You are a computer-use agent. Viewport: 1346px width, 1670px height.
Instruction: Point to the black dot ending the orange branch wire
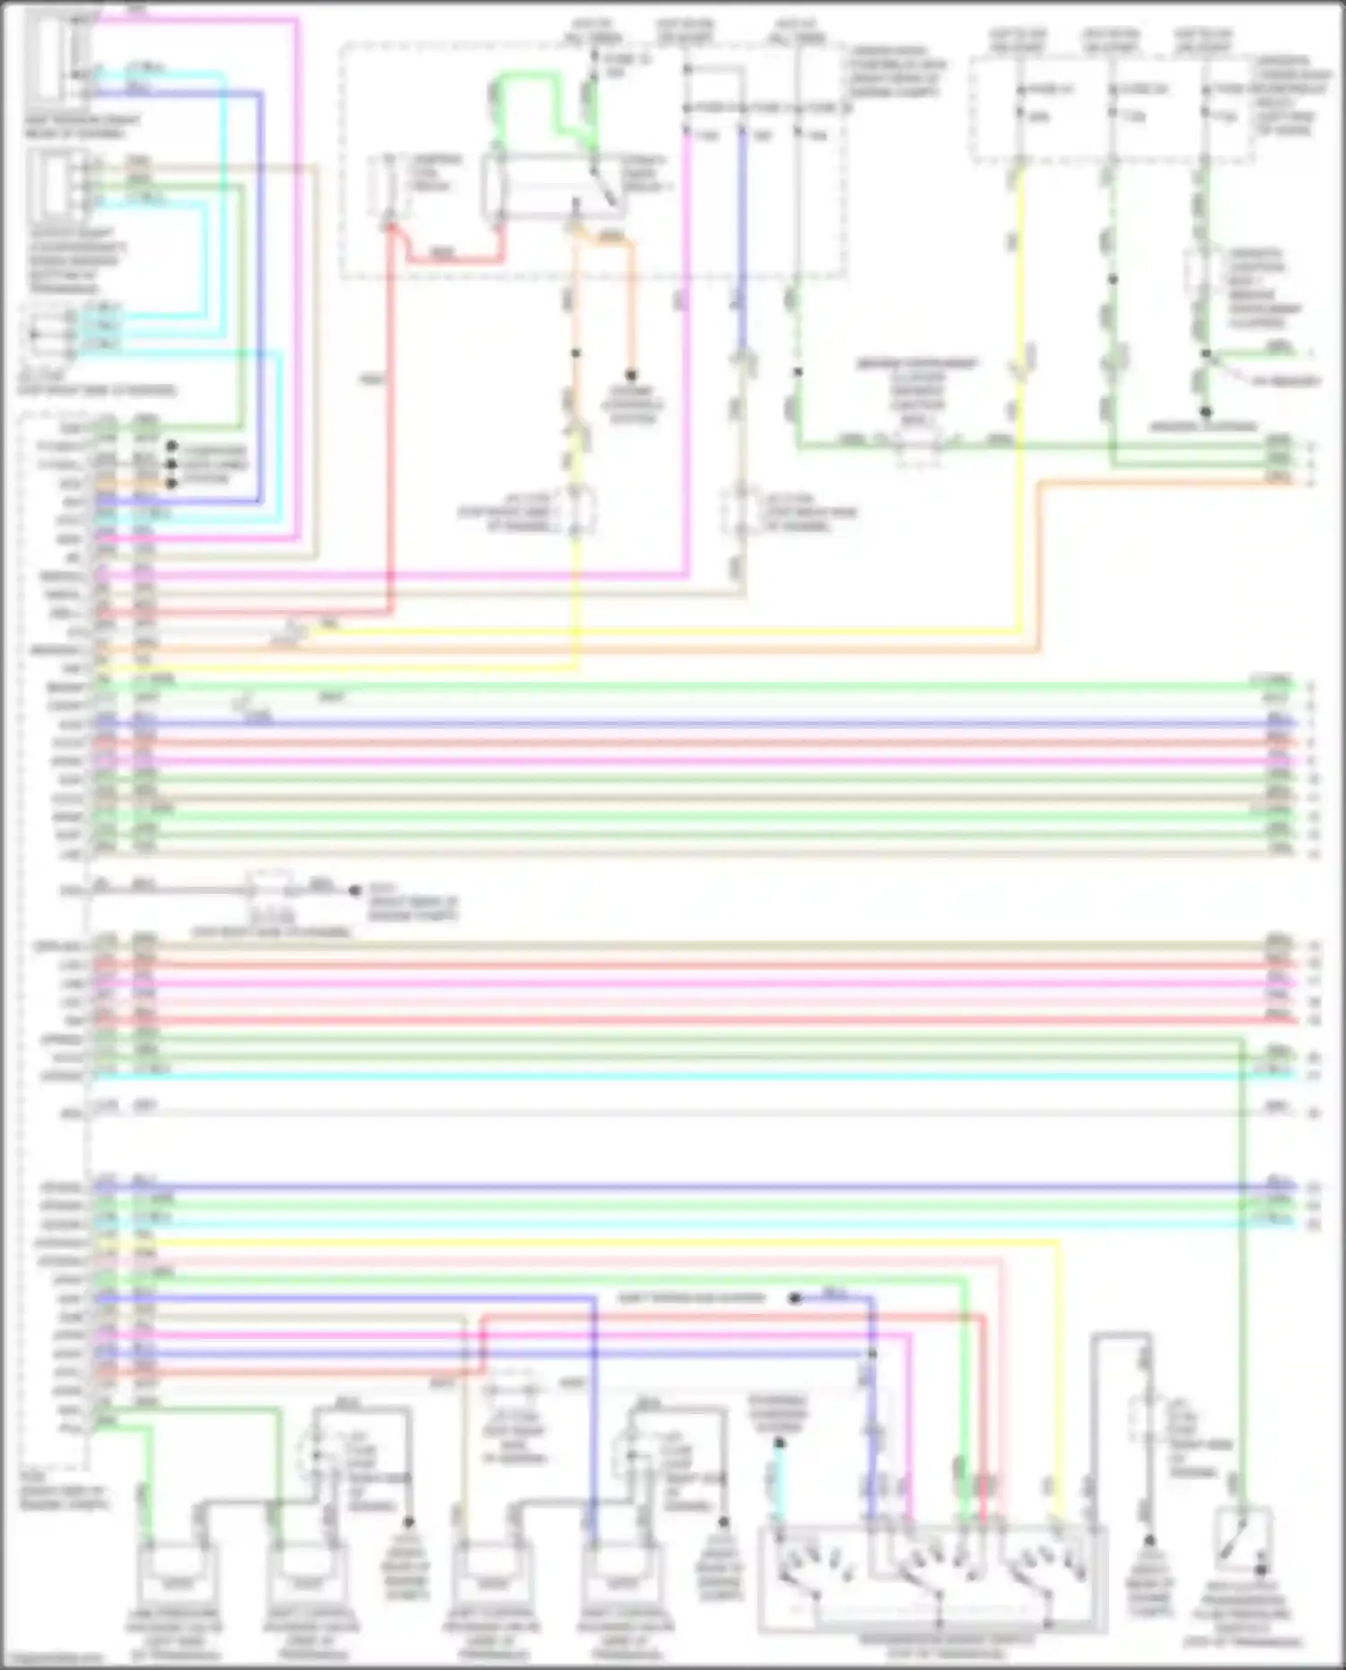click(x=632, y=375)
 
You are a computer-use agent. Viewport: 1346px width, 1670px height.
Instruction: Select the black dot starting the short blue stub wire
click(x=795, y=1298)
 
